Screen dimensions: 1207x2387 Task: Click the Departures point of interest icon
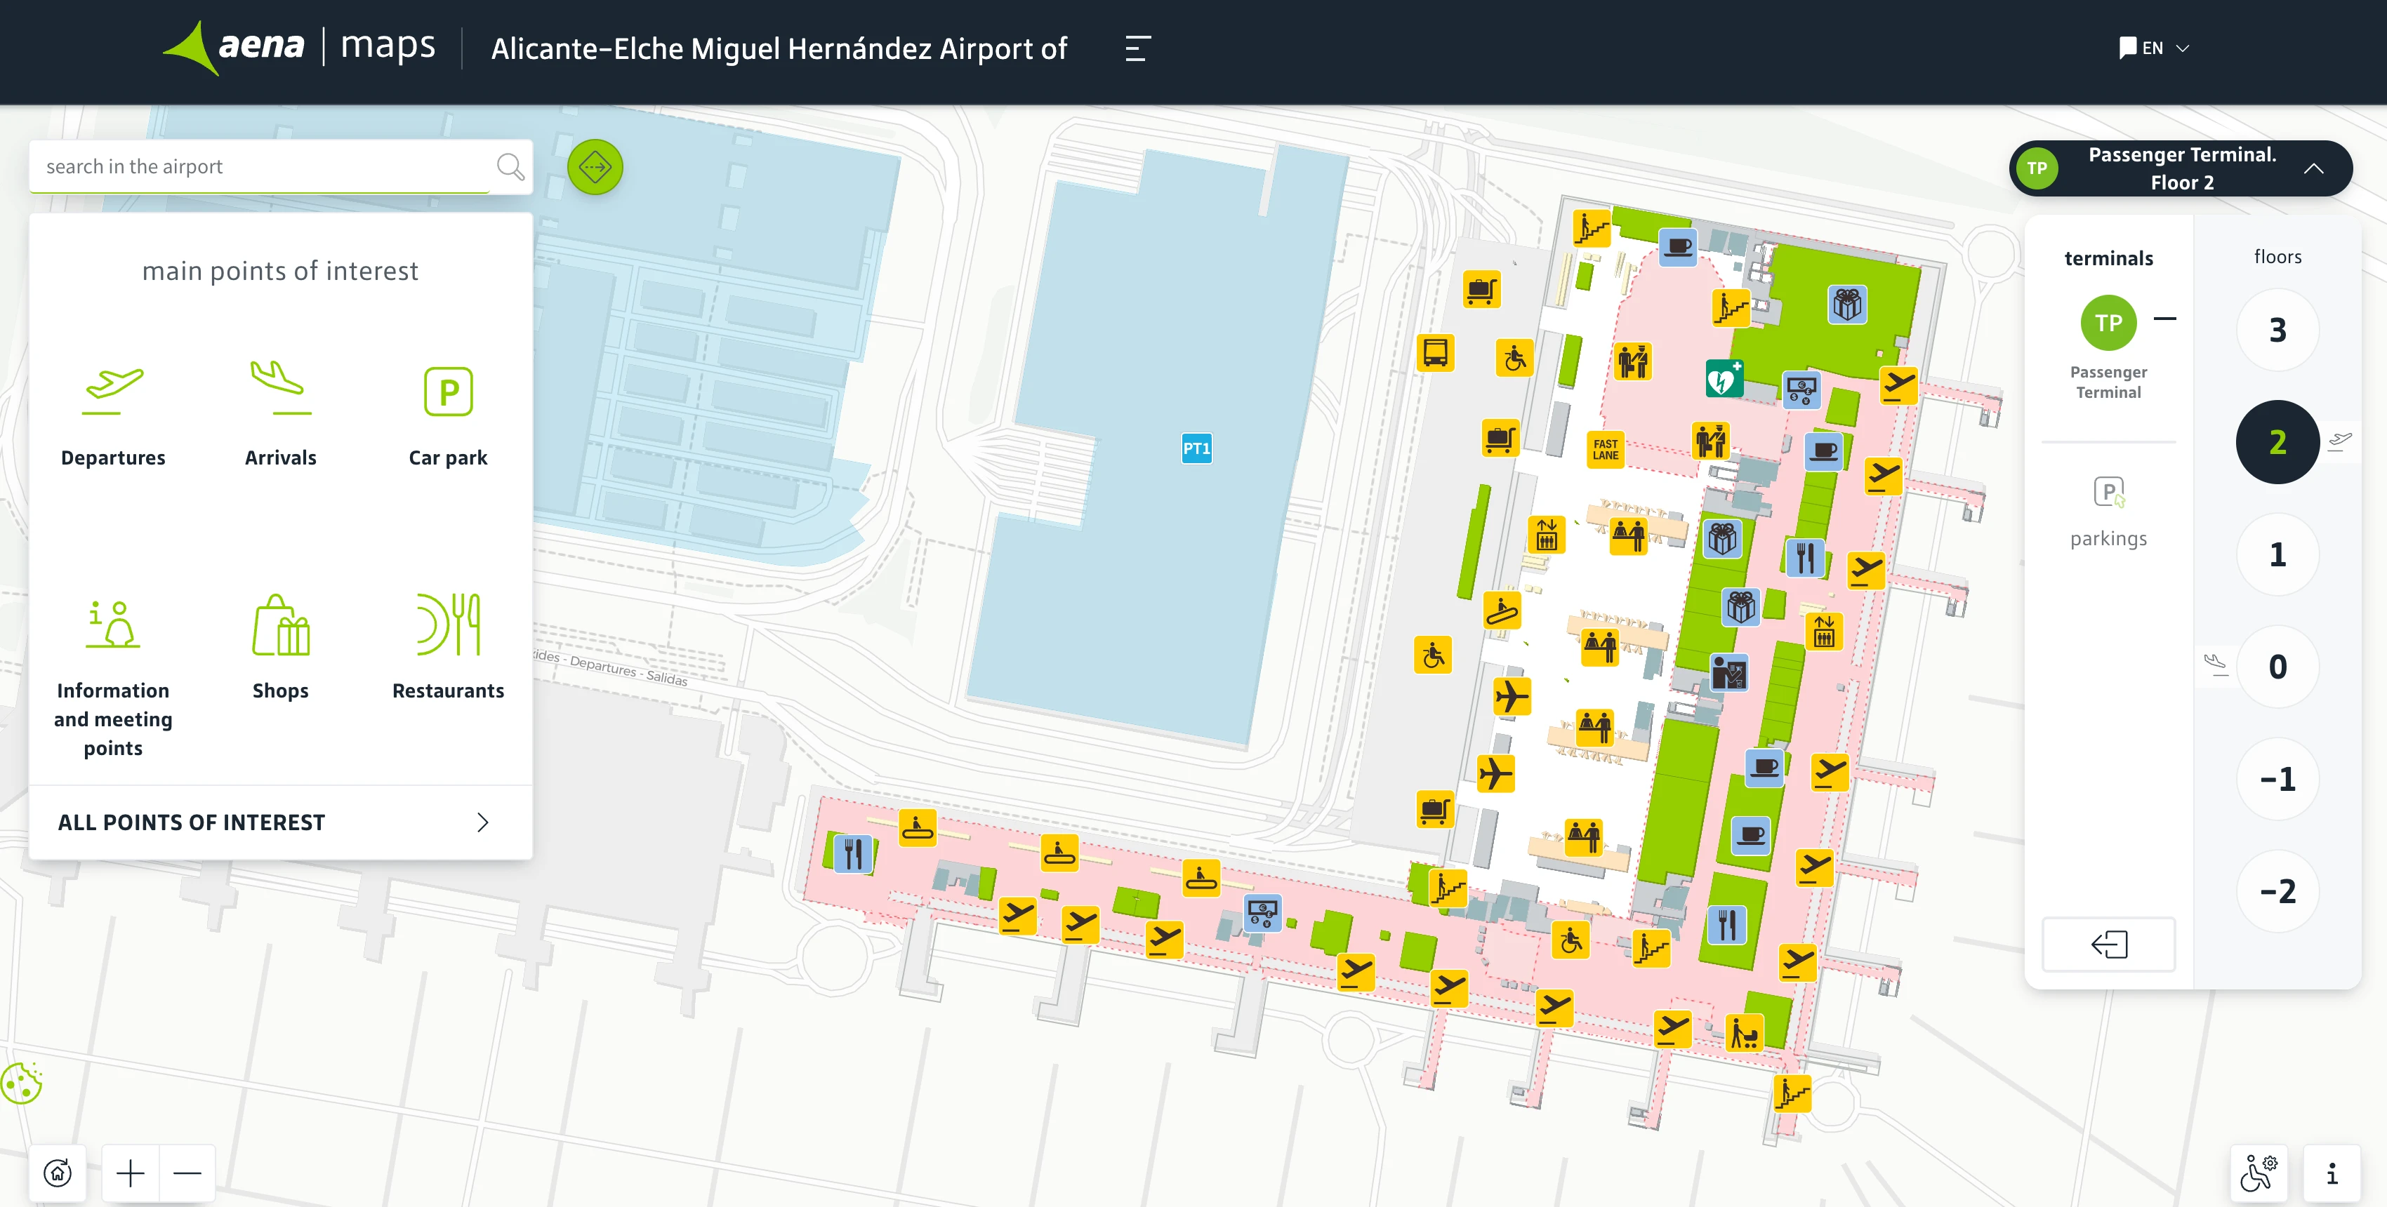click(113, 391)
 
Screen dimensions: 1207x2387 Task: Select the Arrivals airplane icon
click(280, 389)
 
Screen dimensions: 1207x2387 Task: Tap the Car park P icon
click(449, 392)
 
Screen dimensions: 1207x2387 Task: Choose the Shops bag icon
click(280, 625)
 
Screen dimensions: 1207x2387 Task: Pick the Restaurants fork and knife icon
click(449, 625)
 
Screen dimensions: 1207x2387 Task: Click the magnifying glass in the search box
click(510, 167)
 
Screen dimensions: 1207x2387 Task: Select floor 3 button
click(2277, 330)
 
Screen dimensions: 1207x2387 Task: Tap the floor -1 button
click(2277, 779)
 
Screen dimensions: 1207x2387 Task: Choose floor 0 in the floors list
click(2277, 667)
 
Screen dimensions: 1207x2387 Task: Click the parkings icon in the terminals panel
click(2108, 492)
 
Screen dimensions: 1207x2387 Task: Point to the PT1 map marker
click(1196, 448)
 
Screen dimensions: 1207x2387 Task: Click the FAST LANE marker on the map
click(1605, 449)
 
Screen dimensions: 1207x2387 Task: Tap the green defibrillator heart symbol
click(1724, 379)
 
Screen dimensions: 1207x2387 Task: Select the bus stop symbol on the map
click(1435, 353)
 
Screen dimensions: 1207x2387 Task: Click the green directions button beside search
click(595, 168)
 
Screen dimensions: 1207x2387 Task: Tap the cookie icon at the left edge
click(21, 1083)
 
